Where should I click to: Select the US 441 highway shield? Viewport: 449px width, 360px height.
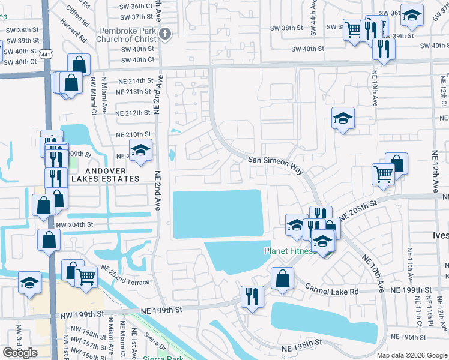pos(46,54)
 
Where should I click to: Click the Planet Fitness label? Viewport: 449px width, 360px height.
pos(291,251)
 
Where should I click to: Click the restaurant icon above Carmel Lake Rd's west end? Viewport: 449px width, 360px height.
pos(251,295)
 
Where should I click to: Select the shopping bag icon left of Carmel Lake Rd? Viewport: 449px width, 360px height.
pos(282,278)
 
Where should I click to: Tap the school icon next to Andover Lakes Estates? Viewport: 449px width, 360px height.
pos(140,150)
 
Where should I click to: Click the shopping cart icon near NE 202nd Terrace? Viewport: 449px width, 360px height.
pos(86,277)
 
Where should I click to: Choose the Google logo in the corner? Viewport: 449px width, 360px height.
pos(20,352)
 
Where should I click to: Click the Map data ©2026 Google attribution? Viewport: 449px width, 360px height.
pos(411,355)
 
